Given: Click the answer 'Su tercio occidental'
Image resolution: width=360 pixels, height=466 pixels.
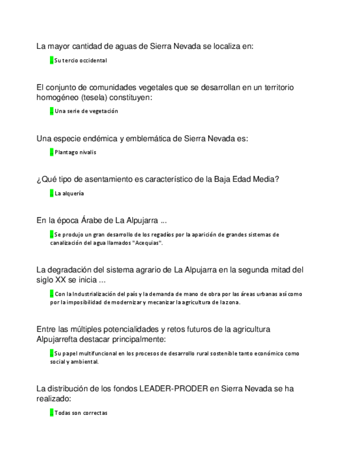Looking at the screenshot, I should tap(80, 60).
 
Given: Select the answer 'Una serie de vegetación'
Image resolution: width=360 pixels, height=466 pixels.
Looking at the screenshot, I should tap(86, 111).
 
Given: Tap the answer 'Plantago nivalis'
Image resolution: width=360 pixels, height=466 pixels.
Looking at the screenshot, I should tap(75, 152).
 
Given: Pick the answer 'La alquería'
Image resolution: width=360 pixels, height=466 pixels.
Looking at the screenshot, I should tap(69, 193).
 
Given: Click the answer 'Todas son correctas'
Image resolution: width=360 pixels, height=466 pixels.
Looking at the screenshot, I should tap(81, 413).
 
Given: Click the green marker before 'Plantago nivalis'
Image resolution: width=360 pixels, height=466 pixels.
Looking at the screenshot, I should tap(51, 152).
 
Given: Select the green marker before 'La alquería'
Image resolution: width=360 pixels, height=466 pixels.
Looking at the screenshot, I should tap(51, 193).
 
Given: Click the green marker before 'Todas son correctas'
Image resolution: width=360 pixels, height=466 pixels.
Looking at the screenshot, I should tap(51, 413).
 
